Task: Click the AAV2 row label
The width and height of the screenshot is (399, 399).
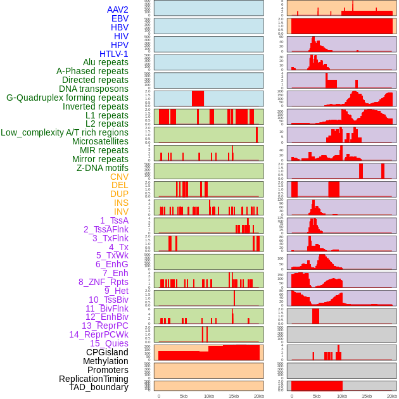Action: tap(117, 9)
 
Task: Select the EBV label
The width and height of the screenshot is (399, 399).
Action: tap(120, 18)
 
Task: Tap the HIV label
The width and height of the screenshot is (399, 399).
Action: tap(121, 36)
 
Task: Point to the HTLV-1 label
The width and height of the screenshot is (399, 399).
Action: tap(113, 54)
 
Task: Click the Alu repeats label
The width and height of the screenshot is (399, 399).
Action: tap(106, 62)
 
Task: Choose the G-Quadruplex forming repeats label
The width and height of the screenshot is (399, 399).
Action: tap(67, 98)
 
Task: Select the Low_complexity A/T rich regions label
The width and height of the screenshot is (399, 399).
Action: tap(65, 132)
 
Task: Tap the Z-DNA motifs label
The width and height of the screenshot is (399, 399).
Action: tap(102, 168)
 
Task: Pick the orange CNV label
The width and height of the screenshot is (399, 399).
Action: tap(119, 177)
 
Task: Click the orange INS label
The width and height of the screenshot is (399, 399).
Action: tap(121, 203)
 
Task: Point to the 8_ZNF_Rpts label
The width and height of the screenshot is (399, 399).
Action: tap(103, 282)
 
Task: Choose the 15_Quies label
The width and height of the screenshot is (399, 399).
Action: tap(109, 343)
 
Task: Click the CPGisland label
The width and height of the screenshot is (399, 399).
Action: tap(107, 352)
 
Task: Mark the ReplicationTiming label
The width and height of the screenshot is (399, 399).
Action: tap(93, 379)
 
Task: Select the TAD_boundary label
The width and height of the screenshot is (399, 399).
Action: tap(98, 387)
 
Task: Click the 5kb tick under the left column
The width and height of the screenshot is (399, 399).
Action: tap(184, 396)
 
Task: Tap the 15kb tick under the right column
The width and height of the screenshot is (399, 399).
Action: tap(367, 396)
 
